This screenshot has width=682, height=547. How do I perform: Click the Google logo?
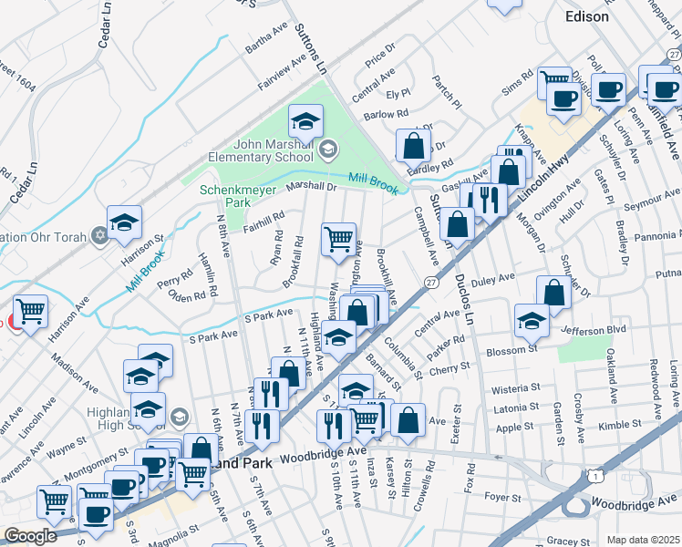click(30, 536)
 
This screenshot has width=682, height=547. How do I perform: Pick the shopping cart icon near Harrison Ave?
click(31, 313)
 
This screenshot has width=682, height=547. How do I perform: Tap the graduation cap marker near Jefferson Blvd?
click(532, 320)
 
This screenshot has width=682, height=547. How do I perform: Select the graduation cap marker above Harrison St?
click(124, 222)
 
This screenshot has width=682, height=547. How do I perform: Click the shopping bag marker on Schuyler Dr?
click(553, 293)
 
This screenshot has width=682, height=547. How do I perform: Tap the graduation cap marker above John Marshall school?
click(306, 120)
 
